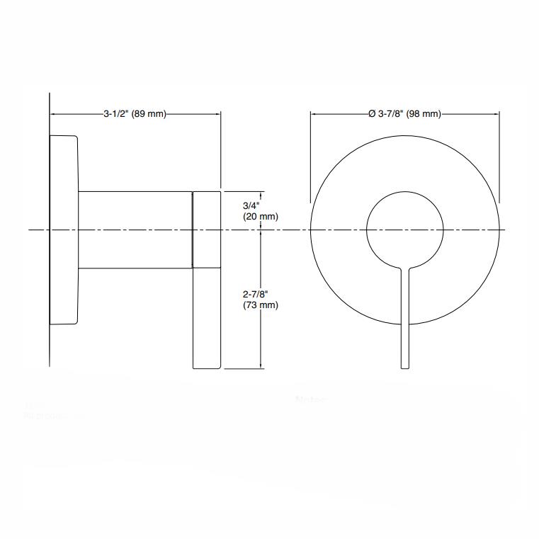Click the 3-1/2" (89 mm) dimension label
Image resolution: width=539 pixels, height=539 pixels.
pos(135,114)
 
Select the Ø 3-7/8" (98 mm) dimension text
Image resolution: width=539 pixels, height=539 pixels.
pos(404,114)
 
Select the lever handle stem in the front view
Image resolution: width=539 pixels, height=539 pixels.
pos(404,319)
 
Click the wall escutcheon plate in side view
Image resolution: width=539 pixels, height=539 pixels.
pos(63,229)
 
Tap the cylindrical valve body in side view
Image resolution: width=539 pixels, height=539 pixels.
pos(135,229)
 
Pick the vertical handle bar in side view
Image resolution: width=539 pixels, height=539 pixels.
pos(207,279)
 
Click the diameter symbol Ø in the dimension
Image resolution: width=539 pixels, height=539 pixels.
pos(372,114)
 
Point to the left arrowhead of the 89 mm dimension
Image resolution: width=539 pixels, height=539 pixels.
pos(52,114)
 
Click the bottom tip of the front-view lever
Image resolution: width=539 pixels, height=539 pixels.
pos(404,367)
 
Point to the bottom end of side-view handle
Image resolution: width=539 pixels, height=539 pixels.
pos(207,367)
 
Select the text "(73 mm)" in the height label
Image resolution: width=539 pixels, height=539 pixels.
pos(260,305)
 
